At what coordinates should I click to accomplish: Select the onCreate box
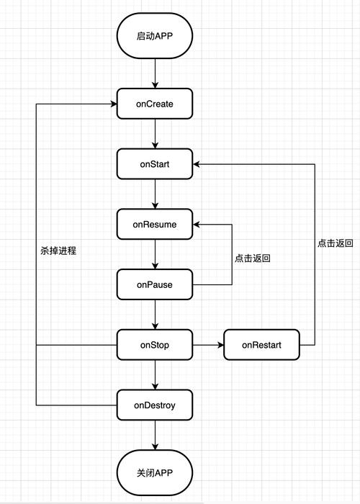click(155, 104)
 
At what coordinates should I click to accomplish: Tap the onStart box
click(155, 164)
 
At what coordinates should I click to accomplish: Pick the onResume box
click(155, 224)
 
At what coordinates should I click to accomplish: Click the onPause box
click(155, 284)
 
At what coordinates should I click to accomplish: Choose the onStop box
click(155, 345)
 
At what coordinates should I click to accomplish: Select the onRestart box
click(261, 345)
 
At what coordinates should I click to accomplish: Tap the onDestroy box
click(155, 405)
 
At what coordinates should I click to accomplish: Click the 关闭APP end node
click(155, 472)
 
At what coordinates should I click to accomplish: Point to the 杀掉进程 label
click(58, 251)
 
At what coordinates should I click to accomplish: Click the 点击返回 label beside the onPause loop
click(252, 258)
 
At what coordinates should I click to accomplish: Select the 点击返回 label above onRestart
click(335, 243)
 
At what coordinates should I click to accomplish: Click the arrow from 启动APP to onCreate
click(155, 73)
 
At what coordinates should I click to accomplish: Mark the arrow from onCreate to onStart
click(155, 134)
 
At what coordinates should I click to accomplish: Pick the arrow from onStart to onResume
click(155, 194)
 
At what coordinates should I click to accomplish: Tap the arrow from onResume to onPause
click(155, 254)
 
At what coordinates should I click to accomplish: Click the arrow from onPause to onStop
click(155, 315)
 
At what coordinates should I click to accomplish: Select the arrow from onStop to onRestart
click(208, 345)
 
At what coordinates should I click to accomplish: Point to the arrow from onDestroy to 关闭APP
click(155, 436)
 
